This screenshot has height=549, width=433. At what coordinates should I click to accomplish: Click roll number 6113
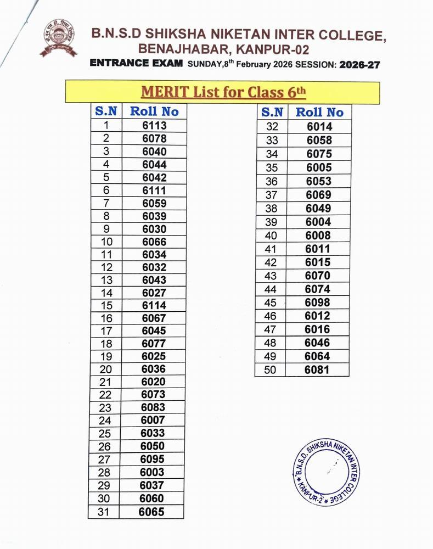pos(154,125)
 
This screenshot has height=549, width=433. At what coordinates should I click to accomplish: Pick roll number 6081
pos(318,369)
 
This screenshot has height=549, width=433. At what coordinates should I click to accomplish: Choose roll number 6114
pos(154,305)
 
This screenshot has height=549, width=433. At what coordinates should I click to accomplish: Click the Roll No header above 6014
pos(319,112)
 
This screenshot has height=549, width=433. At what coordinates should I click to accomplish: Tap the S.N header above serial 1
pos(106,111)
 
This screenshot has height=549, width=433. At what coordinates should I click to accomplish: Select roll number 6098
pos(318,302)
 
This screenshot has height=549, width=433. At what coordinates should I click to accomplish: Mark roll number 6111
pos(154,190)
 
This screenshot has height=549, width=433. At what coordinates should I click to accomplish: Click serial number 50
pos(271,369)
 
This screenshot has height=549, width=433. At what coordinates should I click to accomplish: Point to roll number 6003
pos(153,472)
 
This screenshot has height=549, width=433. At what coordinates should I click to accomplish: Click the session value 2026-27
pos(360,64)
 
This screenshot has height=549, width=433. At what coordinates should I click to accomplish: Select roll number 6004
pos(318,222)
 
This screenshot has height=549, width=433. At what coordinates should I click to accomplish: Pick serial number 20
pos(106,369)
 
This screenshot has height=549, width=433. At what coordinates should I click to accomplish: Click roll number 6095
pos(153,459)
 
